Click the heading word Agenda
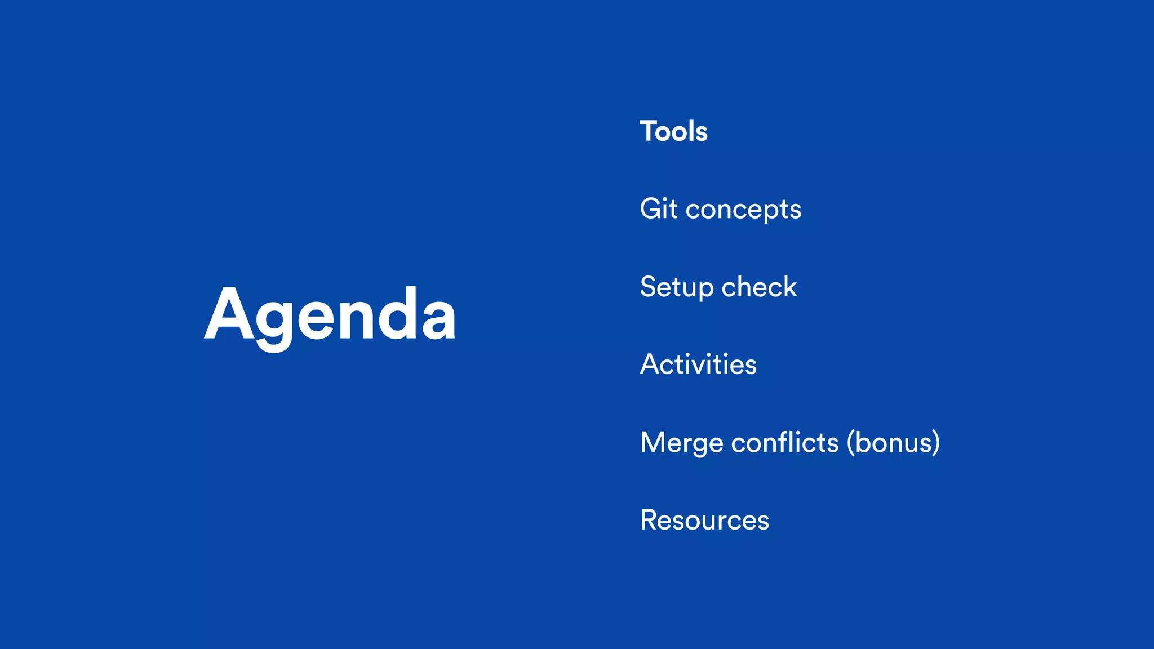pyautogui.click(x=330, y=314)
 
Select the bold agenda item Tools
pyautogui.click(x=673, y=131)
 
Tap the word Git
pyautogui.click(x=658, y=208)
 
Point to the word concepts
pyautogui.click(x=743, y=210)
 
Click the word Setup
pyautogui.click(x=677, y=287)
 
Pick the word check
pyautogui.click(x=759, y=287)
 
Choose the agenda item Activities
pyautogui.click(x=698, y=364)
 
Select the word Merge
pyautogui.click(x=682, y=443)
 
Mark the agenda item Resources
pyautogui.click(x=704, y=519)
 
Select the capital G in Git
pyautogui.click(x=651, y=208)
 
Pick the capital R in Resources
pyautogui.click(x=650, y=519)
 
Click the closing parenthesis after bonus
pyautogui.click(x=935, y=442)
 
